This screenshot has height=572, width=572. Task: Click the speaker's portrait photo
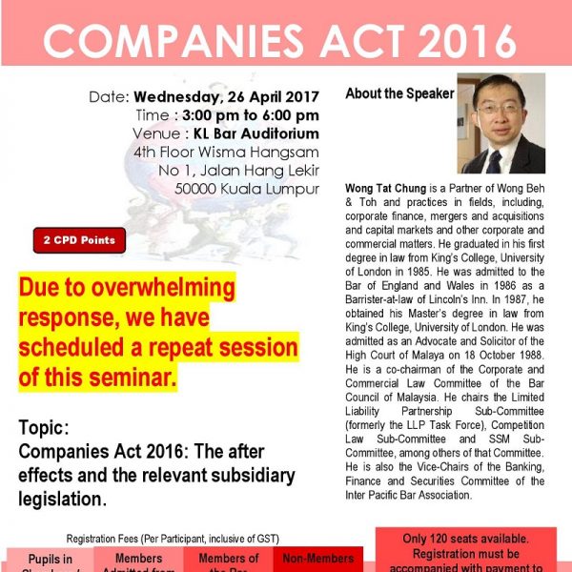[x=501, y=123]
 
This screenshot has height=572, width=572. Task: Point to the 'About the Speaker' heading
[x=399, y=94]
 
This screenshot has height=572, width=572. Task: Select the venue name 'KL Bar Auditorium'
[x=256, y=133]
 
